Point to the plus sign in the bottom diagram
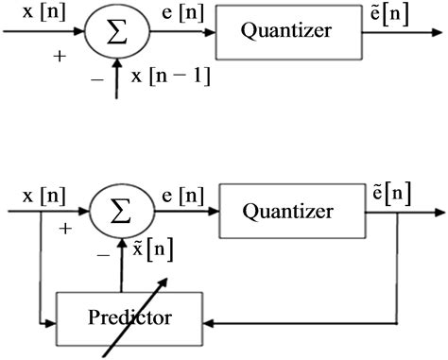click(64, 229)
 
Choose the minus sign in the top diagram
click(95, 79)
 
